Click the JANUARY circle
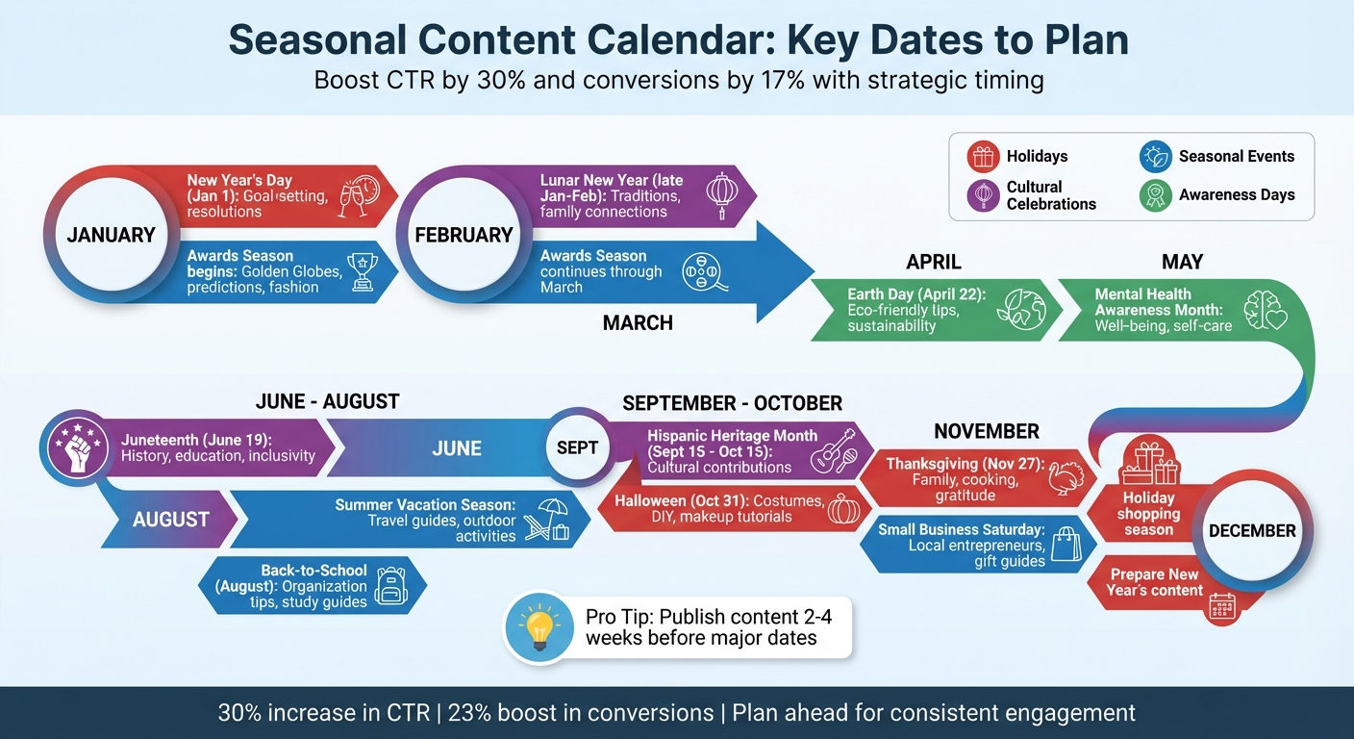point(111,235)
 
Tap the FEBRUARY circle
point(464,235)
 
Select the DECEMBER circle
point(1251,530)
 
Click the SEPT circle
point(577,447)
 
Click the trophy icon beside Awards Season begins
point(361,271)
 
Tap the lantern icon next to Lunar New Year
point(721,195)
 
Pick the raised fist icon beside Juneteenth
point(76,448)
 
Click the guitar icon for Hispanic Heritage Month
point(833,449)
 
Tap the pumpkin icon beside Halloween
point(844,509)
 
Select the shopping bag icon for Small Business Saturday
point(1066,545)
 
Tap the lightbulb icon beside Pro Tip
point(539,627)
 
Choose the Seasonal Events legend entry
point(1217,156)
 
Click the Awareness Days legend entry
point(1217,194)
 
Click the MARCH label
point(638,323)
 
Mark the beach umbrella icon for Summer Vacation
point(546,520)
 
